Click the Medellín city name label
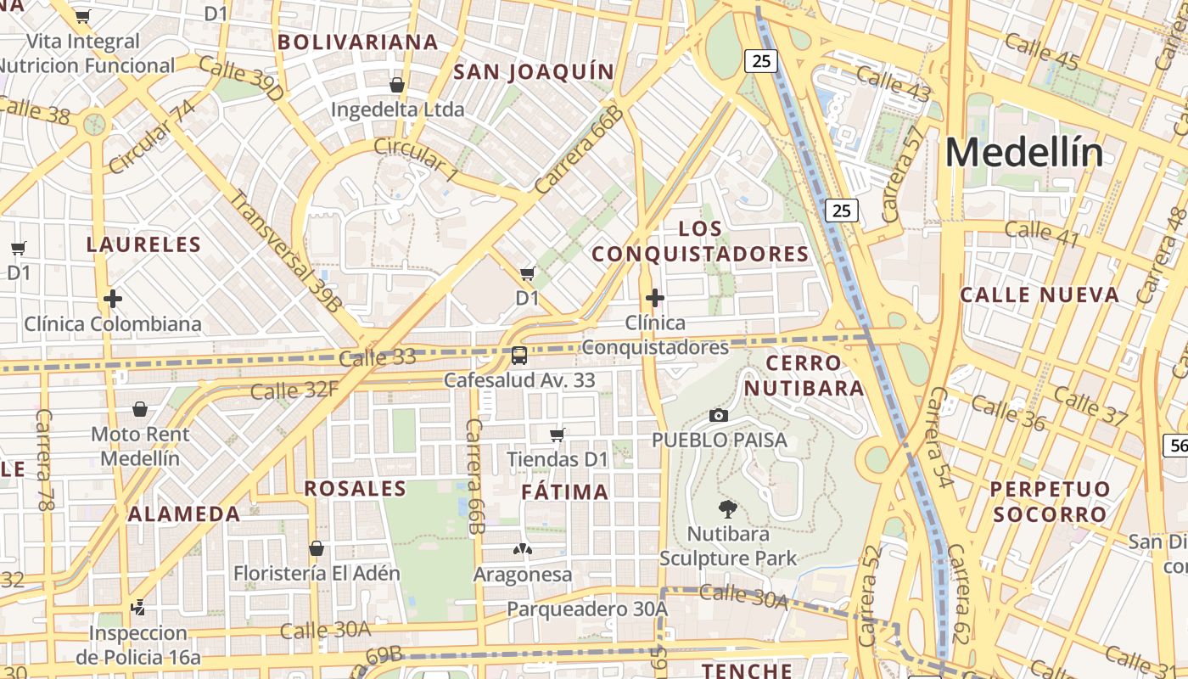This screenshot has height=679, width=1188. click(1024, 153)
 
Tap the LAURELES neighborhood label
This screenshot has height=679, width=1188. click(143, 245)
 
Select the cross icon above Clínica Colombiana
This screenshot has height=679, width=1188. click(113, 299)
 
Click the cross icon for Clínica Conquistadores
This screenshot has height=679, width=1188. click(654, 298)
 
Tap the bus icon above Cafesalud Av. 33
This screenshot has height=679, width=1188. click(519, 355)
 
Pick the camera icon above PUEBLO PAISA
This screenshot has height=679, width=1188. click(719, 415)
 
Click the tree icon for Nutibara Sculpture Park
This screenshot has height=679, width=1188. click(727, 509)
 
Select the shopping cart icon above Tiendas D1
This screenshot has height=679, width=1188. click(558, 435)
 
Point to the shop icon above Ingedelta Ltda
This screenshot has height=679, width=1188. click(396, 85)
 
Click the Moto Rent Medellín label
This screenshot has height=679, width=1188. click(140, 446)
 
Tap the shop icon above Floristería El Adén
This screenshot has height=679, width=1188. click(317, 548)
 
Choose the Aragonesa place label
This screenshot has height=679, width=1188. click(523, 575)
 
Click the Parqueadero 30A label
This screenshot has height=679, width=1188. click(587, 609)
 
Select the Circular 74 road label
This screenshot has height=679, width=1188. click(152, 133)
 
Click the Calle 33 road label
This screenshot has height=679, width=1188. click(377, 357)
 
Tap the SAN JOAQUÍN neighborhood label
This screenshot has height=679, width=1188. click(533, 72)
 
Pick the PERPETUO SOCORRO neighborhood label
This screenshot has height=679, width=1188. click(1050, 502)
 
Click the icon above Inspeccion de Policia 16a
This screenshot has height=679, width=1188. click(138, 607)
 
